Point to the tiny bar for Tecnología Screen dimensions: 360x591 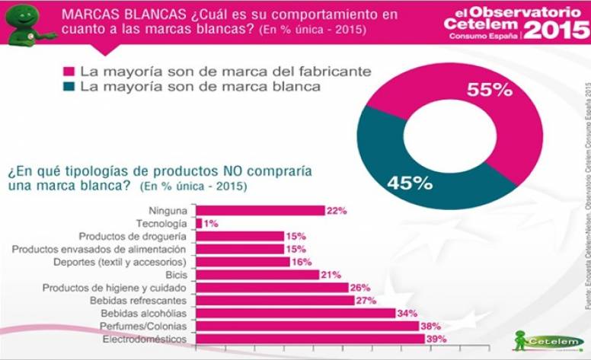click(199, 224)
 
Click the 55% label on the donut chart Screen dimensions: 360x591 click(490, 89)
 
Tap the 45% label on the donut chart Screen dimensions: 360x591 click(410, 183)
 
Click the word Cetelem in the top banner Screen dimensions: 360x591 click(484, 24)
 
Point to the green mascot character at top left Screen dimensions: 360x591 click(27, 24)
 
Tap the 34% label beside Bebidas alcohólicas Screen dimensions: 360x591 click(407, 314)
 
